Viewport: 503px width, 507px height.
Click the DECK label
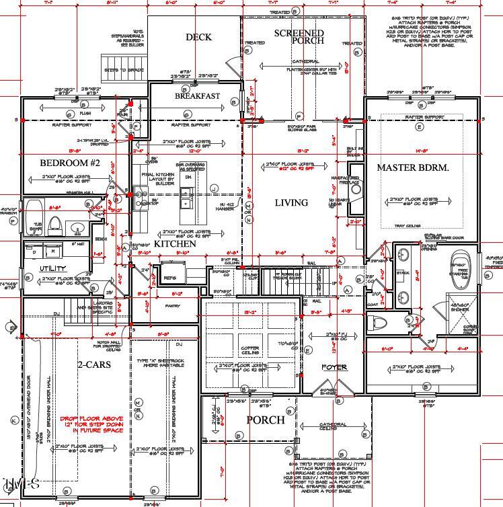click(198, 38)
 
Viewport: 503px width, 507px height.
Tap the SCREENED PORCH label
click(299, 37)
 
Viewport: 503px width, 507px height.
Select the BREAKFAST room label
click(198, 96)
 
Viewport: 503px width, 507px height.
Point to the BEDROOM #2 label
click(70, 163)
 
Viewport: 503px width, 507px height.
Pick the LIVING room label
click(291, 202)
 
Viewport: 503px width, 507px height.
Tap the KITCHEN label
click(176, 243)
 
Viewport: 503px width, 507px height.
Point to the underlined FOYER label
click(334, 367)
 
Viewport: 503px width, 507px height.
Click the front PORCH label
click(264, 420)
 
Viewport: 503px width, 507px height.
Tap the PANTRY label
click(174, 307)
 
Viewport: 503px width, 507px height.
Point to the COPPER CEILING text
click(250, 351)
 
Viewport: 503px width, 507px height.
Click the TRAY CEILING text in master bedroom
click(408, 226)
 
